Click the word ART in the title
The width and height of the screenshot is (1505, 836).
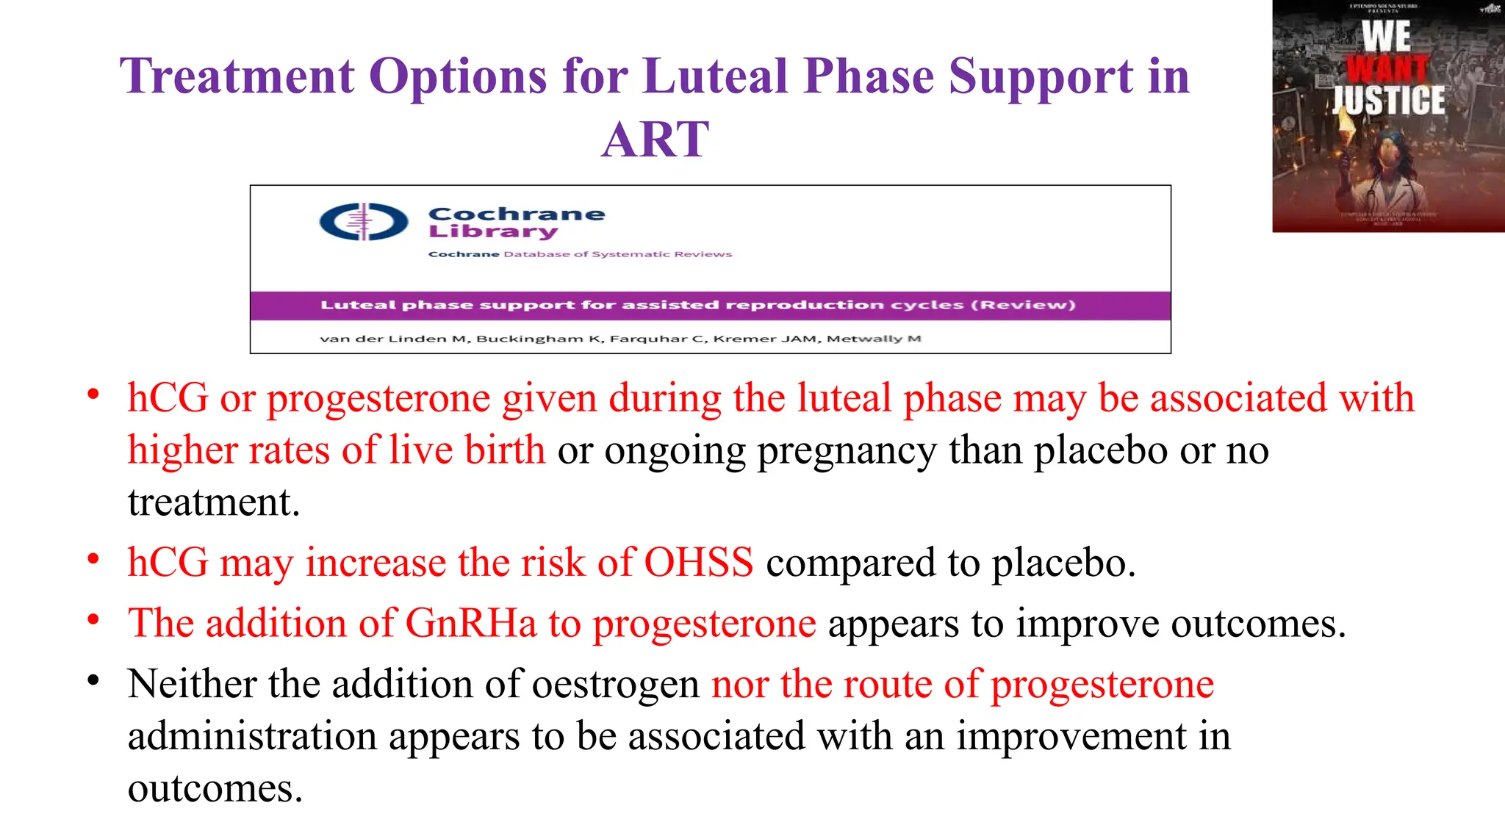point(655,140)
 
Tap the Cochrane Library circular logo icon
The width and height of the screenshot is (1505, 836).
point(364,222)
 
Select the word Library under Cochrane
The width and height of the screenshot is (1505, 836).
point(492,232)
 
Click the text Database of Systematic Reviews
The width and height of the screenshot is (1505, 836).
point(617,254)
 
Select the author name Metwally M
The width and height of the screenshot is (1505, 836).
point(874,339)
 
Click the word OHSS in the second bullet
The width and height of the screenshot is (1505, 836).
point(698,563)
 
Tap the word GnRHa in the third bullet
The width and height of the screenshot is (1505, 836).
point(471,624)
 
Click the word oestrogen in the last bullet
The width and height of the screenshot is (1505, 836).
point(616,685)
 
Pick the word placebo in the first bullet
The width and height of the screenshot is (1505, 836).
point(1100,450)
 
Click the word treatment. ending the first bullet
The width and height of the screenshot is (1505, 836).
point(214,503)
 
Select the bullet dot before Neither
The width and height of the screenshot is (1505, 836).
point(93,681)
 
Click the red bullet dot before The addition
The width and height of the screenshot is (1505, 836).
point(93,621)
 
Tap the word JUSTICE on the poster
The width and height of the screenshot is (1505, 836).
point(1388,101)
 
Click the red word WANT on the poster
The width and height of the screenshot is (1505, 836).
point(1387,69)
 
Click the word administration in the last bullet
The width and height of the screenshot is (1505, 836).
point(251,737)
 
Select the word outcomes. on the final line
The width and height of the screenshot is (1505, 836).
point(215,789)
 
